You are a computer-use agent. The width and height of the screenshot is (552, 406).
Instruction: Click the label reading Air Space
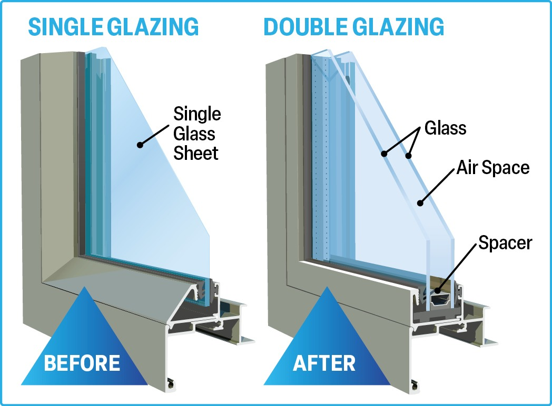tap(492, 168)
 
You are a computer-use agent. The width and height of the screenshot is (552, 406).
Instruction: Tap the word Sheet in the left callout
tap(196, 154)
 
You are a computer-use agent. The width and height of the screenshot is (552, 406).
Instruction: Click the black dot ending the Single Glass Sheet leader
tap(140, 145)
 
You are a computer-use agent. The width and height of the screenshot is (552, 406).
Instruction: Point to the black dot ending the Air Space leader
tap(419, 202)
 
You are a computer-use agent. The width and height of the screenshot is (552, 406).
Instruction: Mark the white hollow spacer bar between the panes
tap(441, 300)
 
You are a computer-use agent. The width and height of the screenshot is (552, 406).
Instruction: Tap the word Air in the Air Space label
tap(467, 168)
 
